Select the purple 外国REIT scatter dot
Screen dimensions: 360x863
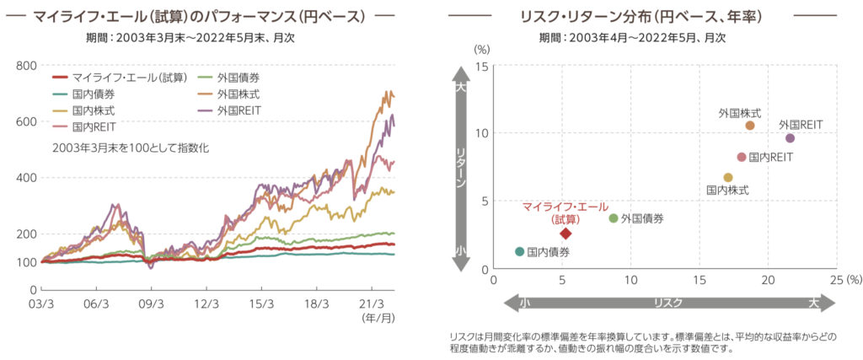(790, 138)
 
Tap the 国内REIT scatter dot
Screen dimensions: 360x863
(742, 157)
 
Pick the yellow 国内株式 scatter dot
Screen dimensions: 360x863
(728, 177)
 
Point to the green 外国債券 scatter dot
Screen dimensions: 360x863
(614, 218)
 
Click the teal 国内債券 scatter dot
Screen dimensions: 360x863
(519, 251)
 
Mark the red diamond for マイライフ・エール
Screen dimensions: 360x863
(566, 234)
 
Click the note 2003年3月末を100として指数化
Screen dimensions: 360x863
(130, 148)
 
